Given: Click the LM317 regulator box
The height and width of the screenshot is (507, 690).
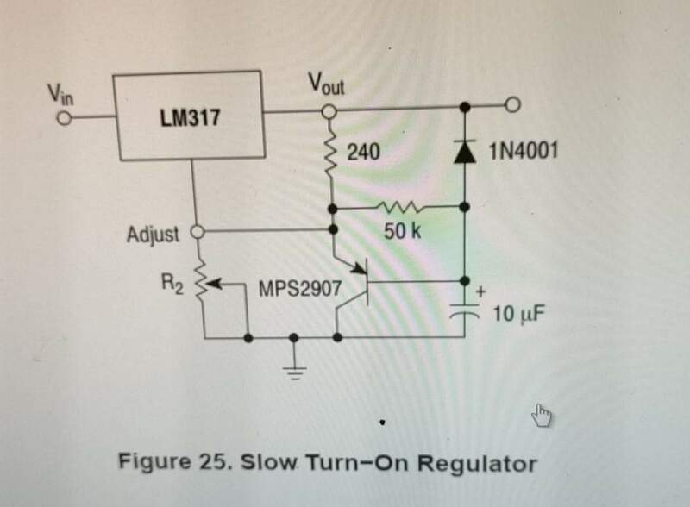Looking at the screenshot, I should [190, 116].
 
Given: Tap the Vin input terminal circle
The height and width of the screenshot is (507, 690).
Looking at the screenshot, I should [61, 118].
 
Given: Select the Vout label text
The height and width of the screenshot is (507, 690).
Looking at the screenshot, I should [325, 83].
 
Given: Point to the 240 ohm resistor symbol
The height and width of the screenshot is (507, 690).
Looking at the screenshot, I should [329, 157].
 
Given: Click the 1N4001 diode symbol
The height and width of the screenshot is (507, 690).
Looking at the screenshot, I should [465, 153].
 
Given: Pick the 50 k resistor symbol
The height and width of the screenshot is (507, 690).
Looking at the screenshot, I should [399, 207].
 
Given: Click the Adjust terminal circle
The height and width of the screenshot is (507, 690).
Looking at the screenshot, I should [196, 232].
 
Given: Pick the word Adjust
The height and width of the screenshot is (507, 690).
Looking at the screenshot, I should [153, 233].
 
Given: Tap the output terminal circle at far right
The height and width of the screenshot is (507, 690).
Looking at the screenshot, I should [513, 107].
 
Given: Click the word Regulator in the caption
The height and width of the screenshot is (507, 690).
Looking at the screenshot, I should [474, 463].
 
